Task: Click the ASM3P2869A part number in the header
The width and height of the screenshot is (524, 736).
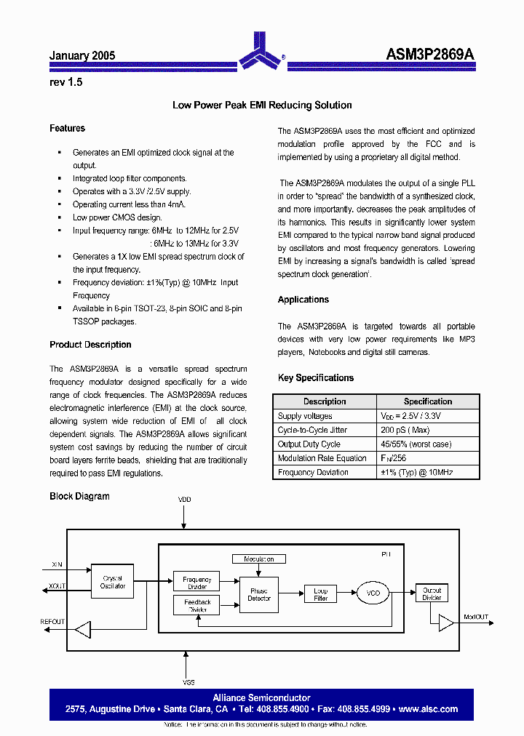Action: point(429,55)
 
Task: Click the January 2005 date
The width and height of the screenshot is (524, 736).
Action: point(82,55)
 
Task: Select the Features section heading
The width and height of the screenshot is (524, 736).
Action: point(67,128)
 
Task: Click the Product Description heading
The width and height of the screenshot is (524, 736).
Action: point(90,345)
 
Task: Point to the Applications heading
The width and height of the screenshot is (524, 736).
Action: point(303,300)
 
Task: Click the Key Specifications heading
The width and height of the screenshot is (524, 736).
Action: point(316,378)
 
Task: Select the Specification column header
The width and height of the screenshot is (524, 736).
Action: point(428,401)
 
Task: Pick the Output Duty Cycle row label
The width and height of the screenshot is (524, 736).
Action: point(309,444)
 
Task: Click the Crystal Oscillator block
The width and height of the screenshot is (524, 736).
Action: point(113,582)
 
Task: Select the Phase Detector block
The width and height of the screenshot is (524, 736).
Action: point(259,594)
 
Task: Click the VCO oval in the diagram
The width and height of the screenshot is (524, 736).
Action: point(373,593)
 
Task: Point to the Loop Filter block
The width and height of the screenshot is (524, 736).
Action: point(321,594)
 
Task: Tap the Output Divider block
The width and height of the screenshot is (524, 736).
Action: point(432,593)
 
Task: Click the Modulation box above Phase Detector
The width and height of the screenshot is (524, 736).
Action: point(259,559)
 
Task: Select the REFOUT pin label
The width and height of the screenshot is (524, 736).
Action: point(52,622)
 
